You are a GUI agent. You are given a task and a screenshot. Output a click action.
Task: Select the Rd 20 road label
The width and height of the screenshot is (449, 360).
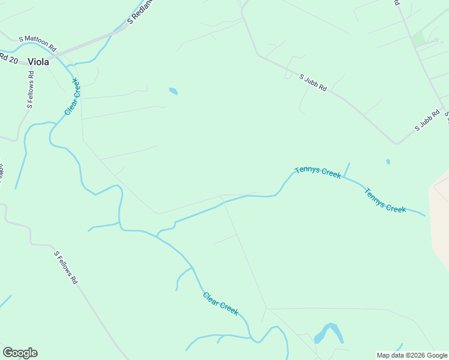tap(9, 59)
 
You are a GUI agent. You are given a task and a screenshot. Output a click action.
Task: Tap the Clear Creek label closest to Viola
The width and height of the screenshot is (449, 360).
tap(72, 96)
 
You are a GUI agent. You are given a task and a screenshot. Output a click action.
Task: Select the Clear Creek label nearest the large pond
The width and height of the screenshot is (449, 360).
tap(220, 304)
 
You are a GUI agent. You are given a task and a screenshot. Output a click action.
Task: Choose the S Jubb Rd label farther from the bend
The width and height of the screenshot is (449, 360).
tap(313, 82)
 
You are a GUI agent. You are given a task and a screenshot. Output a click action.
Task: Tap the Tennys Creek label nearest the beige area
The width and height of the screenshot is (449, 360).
tap(385, 200)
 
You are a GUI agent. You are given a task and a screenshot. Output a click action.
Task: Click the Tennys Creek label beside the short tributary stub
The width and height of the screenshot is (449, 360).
tap(318, 172)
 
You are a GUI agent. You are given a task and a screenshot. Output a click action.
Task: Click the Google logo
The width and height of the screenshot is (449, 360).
tap(20, 353)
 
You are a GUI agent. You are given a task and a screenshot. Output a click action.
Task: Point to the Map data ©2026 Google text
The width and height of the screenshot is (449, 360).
tap(412, 355)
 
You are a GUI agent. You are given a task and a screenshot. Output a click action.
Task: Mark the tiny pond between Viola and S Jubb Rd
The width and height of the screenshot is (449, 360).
tap(173, 91)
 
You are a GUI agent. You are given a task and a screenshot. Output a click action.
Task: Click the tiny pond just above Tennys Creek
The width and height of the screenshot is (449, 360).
tap(388, 161)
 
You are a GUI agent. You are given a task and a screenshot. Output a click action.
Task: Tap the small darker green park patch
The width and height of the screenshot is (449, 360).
tap(418, 39)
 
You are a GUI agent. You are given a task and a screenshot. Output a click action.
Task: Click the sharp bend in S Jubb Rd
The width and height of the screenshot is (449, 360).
tap(396, 143)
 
